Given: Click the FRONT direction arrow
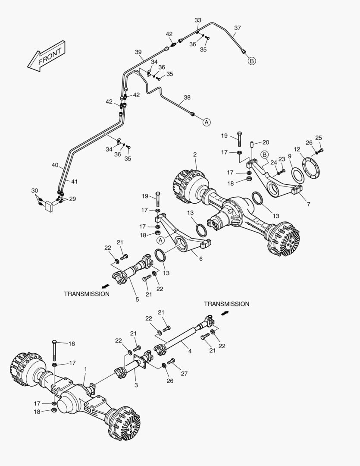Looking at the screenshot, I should coord(46,56).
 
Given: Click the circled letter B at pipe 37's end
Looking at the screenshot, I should coord(252,61).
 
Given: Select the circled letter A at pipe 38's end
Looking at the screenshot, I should coord(207,122).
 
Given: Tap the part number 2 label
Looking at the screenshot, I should coord(195,154).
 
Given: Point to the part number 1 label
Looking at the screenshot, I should coord(86,369).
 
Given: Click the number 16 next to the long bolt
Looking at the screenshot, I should coord(72,344).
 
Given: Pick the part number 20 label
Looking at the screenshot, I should coord(266,142).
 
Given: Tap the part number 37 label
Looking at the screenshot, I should coord(238,28).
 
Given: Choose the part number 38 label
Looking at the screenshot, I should coord(187,98).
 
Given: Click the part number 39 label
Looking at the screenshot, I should coord(138,52).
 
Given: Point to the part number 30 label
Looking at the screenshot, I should coord(34,190).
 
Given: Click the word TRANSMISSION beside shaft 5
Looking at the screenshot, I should coord(87,294).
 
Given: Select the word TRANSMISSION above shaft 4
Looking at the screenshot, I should coord(226,304).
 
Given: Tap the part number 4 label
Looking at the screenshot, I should coord(190,351).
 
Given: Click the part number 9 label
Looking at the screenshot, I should coord(290,156).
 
